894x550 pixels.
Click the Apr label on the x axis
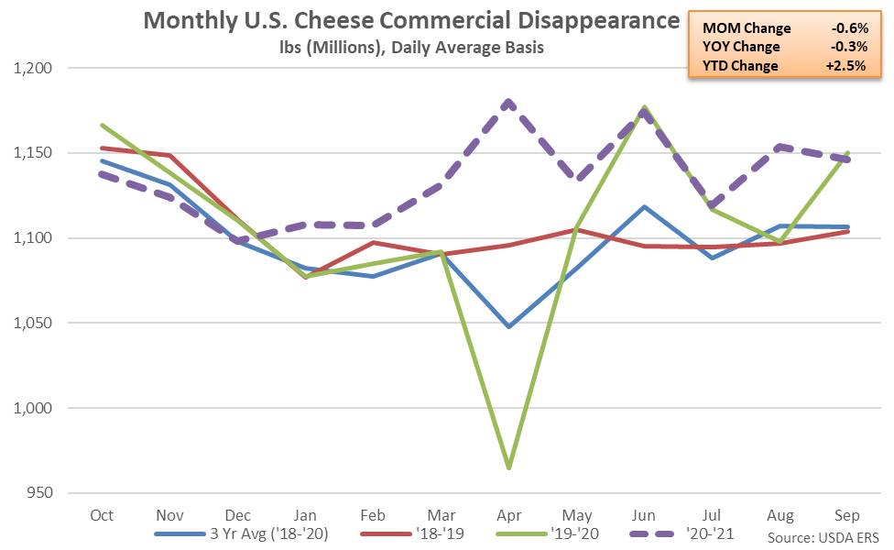coord(509,516)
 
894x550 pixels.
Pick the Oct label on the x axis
coord(102,516)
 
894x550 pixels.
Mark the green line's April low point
coord(509,467)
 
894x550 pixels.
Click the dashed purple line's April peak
coord(509,102)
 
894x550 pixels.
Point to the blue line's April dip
coord(509,326)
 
